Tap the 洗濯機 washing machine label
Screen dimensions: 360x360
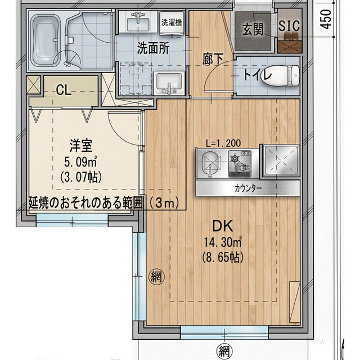172,22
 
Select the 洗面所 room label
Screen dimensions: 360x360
154,48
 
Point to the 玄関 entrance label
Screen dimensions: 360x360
253,29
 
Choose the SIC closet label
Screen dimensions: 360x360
289,26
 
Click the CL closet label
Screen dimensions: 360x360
64,90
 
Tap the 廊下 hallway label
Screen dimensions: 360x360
213,59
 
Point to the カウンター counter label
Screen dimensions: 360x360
248,188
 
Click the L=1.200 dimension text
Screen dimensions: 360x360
223,143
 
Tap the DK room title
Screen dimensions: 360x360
223,226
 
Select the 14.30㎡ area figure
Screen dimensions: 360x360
223,242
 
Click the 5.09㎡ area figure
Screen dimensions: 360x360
80,162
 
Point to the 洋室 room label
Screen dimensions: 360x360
81,146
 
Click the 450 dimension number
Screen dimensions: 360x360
326,19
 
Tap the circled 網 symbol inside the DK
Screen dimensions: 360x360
157,277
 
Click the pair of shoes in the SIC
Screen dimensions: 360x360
289,35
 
